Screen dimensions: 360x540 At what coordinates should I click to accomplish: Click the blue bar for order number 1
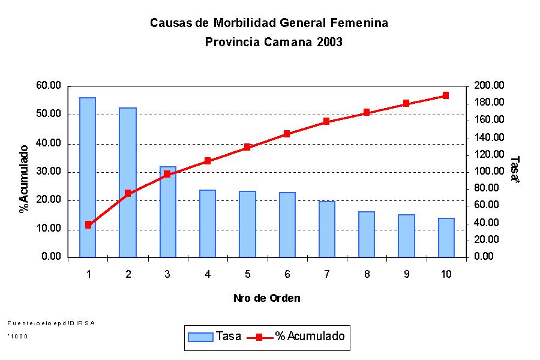(88, 177)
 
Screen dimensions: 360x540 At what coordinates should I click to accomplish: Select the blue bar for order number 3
(167, 212)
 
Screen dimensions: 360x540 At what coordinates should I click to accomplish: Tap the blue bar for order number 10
(446, 238)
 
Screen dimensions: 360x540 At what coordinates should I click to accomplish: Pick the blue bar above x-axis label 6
(287, 224)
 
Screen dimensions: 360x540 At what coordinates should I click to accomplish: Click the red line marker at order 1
(88, 224)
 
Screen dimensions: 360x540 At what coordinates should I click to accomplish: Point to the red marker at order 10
(446, 95)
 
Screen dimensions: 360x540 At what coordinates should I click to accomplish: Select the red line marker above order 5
(247, 147)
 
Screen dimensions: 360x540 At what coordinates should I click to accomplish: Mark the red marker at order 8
(366, 113)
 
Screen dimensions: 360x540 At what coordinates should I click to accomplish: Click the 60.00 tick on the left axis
(49, 86)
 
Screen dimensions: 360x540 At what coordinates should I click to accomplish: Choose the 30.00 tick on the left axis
(49, 172)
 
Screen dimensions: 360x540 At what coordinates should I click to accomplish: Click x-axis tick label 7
(326, 274)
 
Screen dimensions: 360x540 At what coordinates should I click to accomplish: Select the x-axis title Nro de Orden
(266, 298)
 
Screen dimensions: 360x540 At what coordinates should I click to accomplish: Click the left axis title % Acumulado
(24, 178)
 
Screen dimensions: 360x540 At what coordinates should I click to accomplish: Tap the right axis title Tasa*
(514, 170)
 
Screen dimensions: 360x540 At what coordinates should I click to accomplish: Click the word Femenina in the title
(358, 23)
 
